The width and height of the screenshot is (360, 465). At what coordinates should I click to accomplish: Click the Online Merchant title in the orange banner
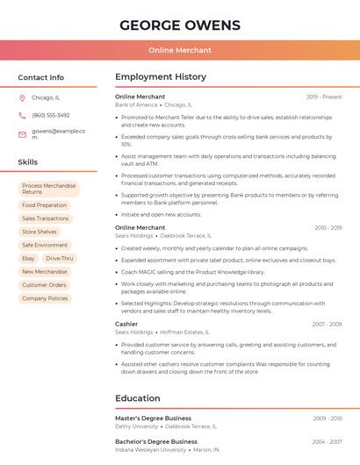pyautogui.click(x=179, y=50)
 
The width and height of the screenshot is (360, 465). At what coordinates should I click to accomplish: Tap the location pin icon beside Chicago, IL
pyautogui.click(x=22, y=98)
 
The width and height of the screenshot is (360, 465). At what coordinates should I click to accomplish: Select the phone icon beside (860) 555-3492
pyautogui.click(x=22, y=116)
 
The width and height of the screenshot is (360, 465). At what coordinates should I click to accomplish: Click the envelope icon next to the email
pyautogui.click(x=22, y=134)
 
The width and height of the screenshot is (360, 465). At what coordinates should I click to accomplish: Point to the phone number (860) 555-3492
pyautogui.click(x=50, y=116)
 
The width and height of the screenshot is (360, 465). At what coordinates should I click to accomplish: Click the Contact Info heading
pyautogui.click(x=40, y=77)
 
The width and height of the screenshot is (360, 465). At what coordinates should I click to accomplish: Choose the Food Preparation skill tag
pyautogui.click(x=45, y=205)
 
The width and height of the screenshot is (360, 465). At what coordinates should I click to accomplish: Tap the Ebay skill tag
pyautogui.click(x=28, y=259)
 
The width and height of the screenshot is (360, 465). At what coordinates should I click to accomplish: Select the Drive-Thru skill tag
pyautogui.click(x=60, y=259)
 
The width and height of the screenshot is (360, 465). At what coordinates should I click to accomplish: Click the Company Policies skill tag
pyautogui.click(x=45, y=298)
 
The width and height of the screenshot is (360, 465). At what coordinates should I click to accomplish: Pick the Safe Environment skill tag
pyautogui.click(x=45, y=246)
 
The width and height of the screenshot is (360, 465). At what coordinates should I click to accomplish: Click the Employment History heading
pyautogui.click(x=160, y=77)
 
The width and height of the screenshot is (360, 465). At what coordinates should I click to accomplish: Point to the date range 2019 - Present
pyautogui.click(x=324, y=97)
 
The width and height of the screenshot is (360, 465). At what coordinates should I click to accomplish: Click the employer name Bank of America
pyautogui.click(x=136, y=104)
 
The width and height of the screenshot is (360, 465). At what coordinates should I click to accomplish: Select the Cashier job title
pyautogui.click(x=126, y=324)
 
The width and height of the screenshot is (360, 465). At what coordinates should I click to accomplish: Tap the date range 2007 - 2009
pyautogui.click(x=327, y=324)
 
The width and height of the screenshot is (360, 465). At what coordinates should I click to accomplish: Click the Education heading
pyautogui.click(x=138, y=398)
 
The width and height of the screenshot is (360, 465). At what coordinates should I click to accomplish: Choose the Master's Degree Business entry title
pyautogui.click(x=153, y=418)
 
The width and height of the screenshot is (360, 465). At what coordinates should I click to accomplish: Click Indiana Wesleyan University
pyautogui.click(x=150, y=449)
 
